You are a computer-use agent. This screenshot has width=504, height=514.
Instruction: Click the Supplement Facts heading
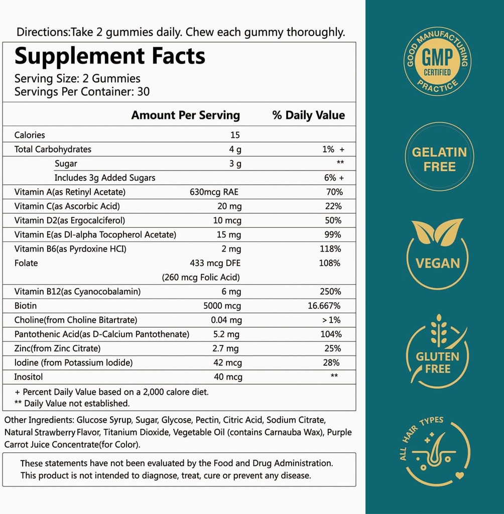pyautogui.click(x=110, y=56)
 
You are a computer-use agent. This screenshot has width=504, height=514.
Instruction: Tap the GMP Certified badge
pyautogui.click(x=437, y=63)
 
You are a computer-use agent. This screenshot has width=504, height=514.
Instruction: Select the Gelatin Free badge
pyautogui.click(x=439, y=159)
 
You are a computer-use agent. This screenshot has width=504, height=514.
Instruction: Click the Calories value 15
pyautogui.click(x=235, y=135)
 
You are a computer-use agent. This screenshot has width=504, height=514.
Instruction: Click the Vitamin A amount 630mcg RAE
pyautogui.click(x=215, y=192)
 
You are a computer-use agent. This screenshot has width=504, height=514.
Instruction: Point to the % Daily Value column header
pyautogui.click(x=309, y=115)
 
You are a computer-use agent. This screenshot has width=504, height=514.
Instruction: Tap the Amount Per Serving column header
pyautogui.click(x=186, y=115)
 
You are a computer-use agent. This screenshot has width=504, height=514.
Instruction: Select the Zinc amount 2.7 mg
pyautogui.click(x=226, y=348)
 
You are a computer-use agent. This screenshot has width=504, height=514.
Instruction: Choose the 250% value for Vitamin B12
pyautogui.click(x=331, y=291)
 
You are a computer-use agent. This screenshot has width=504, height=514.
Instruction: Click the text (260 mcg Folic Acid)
pyautogui.click(x=200, y=277)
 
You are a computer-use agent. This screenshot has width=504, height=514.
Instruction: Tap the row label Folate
pyautogui.click(x=26, y=263)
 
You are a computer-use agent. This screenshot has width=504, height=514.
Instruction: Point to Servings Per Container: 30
pyautogui.click(x=82, y=92)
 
